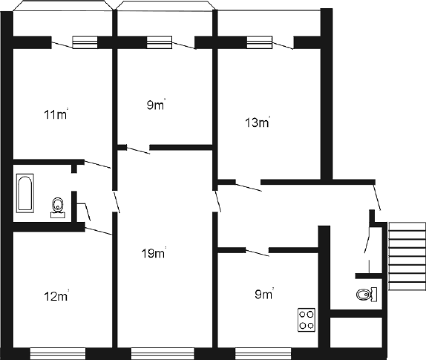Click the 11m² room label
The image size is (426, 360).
[x=56, y=114]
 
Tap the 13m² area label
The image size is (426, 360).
[x=258, y=122]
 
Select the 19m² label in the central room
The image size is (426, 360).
[x=154, y=253]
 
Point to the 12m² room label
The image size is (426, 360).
[x=56, y=296]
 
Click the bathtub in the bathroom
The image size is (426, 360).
[x=25, y=193]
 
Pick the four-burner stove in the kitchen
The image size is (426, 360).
[x=307, y=320]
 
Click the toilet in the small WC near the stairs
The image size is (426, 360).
[x=367, y=295]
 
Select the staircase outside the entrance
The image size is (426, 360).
[x=407, y=256]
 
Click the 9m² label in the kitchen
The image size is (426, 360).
[x=264, y=294]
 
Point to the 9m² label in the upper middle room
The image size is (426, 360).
[x=156, y=105]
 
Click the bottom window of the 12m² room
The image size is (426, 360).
[x=58, y=353]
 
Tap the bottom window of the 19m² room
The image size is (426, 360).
[x=163, y=353]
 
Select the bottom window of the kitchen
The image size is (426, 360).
[x=263, y=353]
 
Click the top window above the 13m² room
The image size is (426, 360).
[x=260, y=42]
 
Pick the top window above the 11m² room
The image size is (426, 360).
[x=85, y=42]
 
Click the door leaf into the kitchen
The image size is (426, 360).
[x=258, y=252]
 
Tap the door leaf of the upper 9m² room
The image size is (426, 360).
[x=138, y=151]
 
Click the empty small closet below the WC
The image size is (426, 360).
[x=356, y=332]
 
